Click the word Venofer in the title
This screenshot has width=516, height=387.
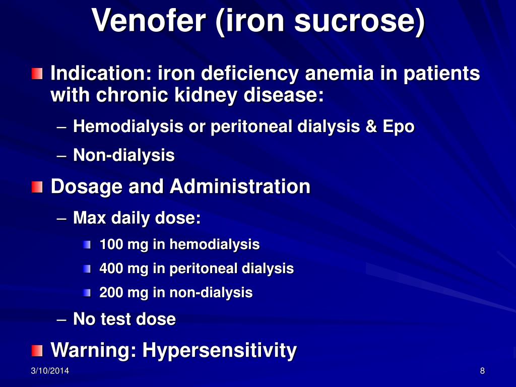pyautogui.click(x=149, y=20)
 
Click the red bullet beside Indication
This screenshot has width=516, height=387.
pyautogui.click(x=37, y=74)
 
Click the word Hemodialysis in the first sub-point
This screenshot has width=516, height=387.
pyautogui.click(x=128, y=126)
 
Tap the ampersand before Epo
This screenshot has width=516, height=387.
pyautogui.click(x=371, y=126)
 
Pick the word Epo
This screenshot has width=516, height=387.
pyautogui.click(x=398, y=127)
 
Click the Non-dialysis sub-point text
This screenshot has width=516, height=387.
pyautogui.click(x=124, y=155)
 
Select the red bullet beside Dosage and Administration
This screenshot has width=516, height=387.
pyautogui.click(x=37, y=187)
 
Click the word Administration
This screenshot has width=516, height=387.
pyautogui.click(x=240, y=186)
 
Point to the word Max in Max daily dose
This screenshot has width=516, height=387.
pyautogui.click(x=89, y=218)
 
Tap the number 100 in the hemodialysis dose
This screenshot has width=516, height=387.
pyautogui.click(x=111, y=244)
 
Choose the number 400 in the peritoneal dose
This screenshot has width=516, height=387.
pyautogui.click(x=111, y=269)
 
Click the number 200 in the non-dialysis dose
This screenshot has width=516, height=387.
pyautogui.click(x=111, y=293)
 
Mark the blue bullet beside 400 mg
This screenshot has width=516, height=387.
pyautogui.click(x=87, y=269)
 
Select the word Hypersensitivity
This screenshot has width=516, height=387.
pyautogui.click(x=220, y=350)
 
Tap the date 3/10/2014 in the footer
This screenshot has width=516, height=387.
pyautogui.click(x=50, y=371)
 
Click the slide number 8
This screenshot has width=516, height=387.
pyautogui.click(x=482, y=371)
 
